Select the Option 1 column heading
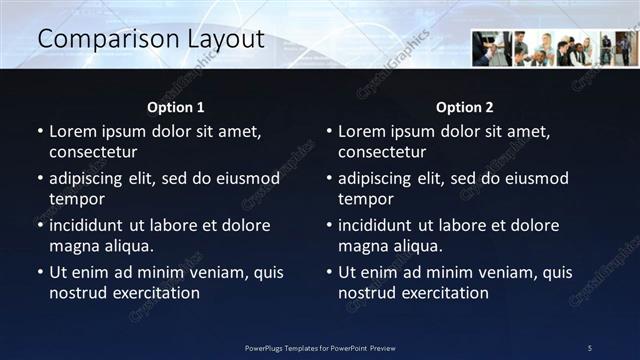point(176,107)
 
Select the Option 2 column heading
point(465,107)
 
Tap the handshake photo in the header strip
point(491,48)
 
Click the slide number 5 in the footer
point(590,348)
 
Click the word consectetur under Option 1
point(93,153)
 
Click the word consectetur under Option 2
point(382,153)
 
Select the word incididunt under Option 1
point(91,225)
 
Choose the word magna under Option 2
point(361,245)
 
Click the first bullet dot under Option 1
point(39,131)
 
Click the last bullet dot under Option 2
point(328,272)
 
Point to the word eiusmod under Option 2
point(532,179)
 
